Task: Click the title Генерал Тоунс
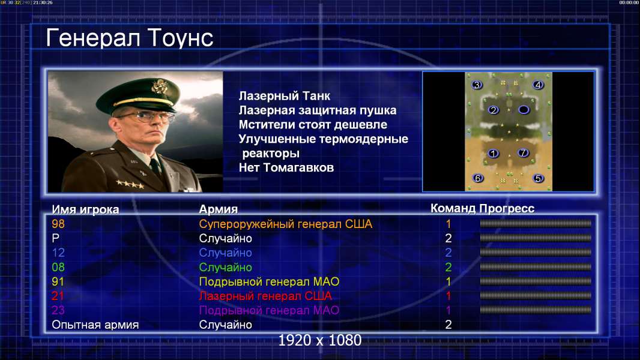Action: pos(130,38)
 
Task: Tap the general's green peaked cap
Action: pos(139,95)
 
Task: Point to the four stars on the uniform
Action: pos(130,184)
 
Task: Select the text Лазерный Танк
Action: pos(285,96)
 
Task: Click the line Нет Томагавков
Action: pos(286,167)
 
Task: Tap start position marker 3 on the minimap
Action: pos(477,85)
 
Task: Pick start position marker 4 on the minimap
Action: pos(538,85)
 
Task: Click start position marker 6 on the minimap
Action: pos(477,178)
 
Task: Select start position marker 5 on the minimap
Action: pos(538,178)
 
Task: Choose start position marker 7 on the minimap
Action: pos(523,153)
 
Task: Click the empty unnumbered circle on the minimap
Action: pos(524,109)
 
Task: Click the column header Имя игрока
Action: pos(85,209)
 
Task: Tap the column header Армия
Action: pos(219,209)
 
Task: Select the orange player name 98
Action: pos(58,224)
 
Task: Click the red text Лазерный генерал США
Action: pos(266,296)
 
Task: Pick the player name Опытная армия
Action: pos(95,325)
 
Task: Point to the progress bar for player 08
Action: pos(536,267)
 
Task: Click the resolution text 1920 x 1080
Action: pos(320,340)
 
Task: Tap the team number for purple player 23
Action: pos(448,310)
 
